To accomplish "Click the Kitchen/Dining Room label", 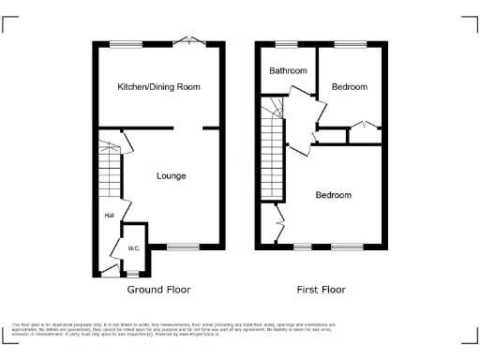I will click(158, 86).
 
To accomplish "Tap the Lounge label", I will click(171, 175).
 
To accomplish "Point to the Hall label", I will click(109, 216).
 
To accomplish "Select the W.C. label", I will click(133, 247).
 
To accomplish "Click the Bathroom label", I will click(288, 71).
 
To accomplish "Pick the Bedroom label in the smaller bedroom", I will click(349, 86).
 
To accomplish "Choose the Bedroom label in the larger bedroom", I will click(333, 195).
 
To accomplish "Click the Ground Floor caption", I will click(158, 290).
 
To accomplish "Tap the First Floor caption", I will click(321, 290).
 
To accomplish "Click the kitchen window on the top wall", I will click(126, 43).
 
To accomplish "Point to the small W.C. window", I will click(132, 274).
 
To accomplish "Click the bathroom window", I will click(286, 43).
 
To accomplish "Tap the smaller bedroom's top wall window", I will click(351, 43).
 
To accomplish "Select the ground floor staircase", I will click(110, 174).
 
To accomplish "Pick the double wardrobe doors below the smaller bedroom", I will click(365, 126).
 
